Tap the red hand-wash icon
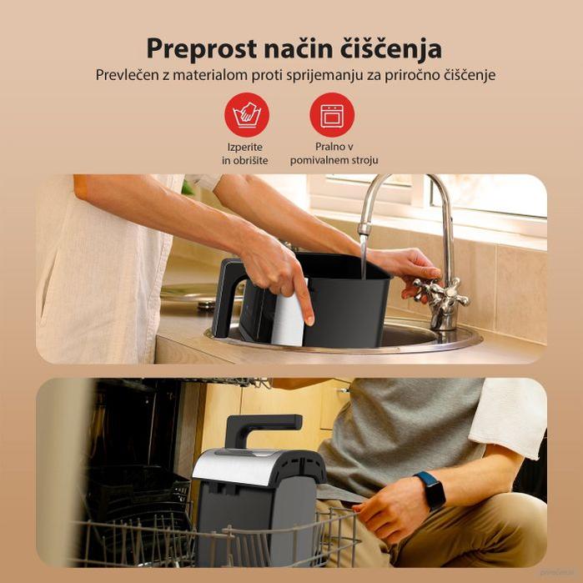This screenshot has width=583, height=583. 246,115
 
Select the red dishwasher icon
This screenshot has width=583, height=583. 332,115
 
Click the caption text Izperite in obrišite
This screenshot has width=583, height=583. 245,153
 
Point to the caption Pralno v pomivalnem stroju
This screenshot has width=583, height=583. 334,153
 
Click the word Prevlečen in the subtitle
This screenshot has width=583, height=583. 126,75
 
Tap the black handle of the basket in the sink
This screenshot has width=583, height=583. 226,292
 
